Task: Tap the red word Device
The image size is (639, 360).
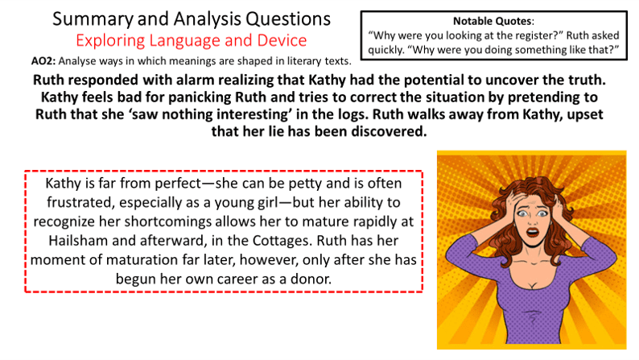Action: (x=282, y=40)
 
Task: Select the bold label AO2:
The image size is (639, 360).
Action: (x=43, y=61)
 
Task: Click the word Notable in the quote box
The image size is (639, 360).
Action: (x=472, y=21)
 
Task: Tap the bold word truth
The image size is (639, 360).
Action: (x=584, y=80)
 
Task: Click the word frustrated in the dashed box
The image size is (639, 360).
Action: (x=80, y=203)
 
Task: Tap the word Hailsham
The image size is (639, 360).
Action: (x=78, y=241)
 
